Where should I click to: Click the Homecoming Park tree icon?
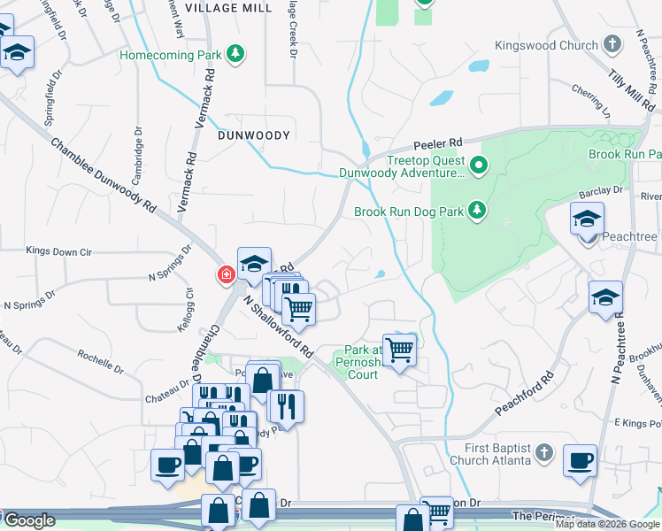tap(235, 55)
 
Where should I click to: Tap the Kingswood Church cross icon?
tap(612, 44)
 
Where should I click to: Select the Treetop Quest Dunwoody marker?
tap(479, 165)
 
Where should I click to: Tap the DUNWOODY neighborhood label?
tap(254, 135)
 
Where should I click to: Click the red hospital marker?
tap(226, 276)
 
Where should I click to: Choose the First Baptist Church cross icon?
tap(546, 454)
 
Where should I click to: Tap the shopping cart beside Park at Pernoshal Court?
tap(400, 350)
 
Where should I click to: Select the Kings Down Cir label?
tap(59, 251)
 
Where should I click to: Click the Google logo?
tap(30, 520)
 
